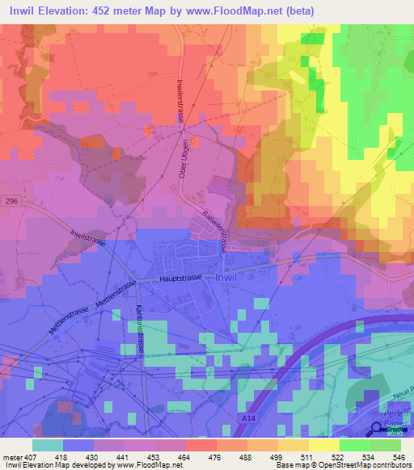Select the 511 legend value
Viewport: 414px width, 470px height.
click(x=308, y=456)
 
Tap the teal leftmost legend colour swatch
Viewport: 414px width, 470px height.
click(x=48, y=445)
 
